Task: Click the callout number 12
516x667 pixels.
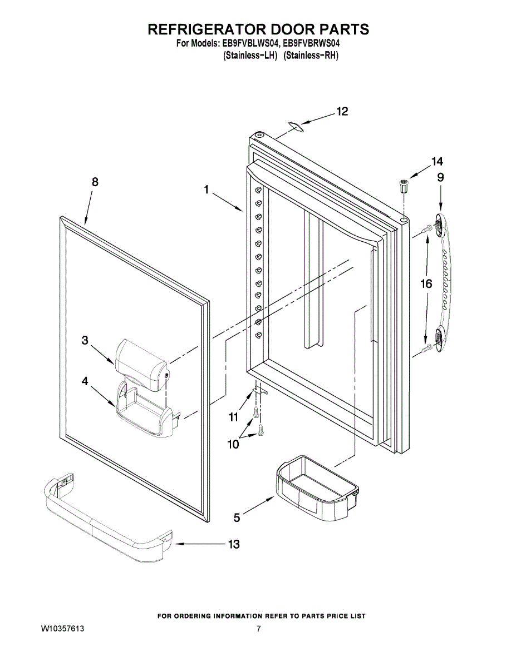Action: point(342,112)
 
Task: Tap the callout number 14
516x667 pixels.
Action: point(437,162)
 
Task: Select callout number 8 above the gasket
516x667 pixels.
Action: point(95,182)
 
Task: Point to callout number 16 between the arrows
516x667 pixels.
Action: point(426,284)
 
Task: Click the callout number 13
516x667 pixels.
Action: point(234,544)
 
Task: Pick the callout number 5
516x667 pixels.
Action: point(237,517)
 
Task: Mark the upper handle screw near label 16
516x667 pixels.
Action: point(427,228)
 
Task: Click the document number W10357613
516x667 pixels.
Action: point(63,629)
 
